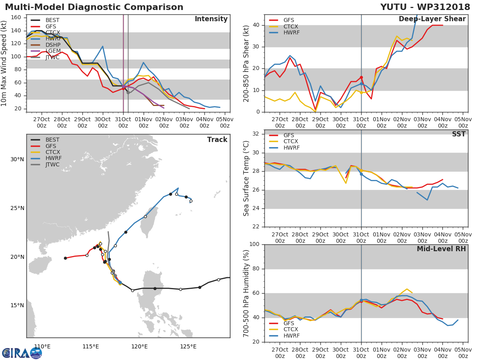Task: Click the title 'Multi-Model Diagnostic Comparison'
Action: (94, 7)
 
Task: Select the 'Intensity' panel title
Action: (211, 19)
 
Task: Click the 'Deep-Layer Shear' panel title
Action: (432, 19)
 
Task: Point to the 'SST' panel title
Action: (459, 134)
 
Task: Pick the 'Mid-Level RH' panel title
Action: (441, 249)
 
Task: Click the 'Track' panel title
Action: (217, 140)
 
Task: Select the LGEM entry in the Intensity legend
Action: (52, 51)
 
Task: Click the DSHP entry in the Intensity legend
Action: (52, 45)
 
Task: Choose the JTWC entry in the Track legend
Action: (52, 165)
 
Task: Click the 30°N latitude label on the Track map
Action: (17, 159)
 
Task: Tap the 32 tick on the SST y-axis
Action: (256, 134)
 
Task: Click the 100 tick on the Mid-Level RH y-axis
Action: (255, 244)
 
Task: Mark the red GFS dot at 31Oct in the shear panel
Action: (361, 77)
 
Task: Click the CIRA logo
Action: (22, 353)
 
